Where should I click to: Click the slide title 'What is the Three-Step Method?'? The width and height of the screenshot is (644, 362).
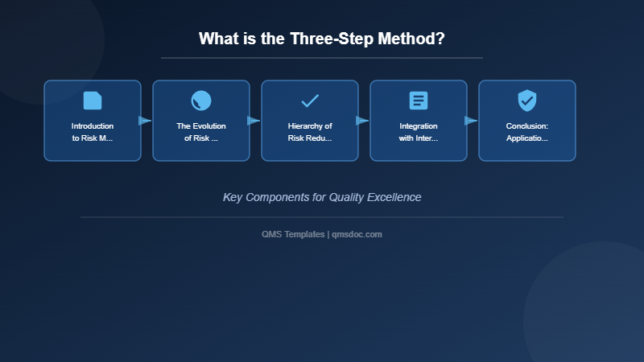[x=322, y=39]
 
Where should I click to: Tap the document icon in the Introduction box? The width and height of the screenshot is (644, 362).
[x=93, y=101]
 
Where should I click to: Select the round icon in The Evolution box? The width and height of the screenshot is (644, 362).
[x=201, y=101]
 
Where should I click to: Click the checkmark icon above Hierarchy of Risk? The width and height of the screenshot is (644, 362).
[x=310, y=101]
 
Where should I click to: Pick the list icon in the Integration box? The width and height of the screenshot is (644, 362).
[x=419, y=101]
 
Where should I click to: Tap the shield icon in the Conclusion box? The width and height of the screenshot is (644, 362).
[x=527, y=101]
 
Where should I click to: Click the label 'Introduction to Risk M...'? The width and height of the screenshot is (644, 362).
[x=93, y=132]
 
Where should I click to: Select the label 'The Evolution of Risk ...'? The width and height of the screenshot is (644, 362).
[x=201, y=132]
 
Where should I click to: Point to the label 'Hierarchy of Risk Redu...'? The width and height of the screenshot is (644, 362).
[x=310, y=132]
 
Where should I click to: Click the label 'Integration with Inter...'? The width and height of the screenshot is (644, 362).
[x=419, y=132]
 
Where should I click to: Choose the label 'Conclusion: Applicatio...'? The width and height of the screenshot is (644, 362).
[x=527, y=132]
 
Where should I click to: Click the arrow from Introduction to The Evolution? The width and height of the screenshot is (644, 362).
[x=145, y=121]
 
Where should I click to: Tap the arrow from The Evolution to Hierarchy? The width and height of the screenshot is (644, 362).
[x=254, y=121]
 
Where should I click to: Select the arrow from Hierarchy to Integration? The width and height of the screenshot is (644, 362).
[x=362, y=121]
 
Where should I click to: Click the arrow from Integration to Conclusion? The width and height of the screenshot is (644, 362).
[x=471, y=121]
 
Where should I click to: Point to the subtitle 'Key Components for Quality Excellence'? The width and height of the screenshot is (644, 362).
[x=322, y=197]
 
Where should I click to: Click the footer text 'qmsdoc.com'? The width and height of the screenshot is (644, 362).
[x=357, y=234]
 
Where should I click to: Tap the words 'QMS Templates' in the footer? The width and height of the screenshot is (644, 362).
[x=293, y=234]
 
